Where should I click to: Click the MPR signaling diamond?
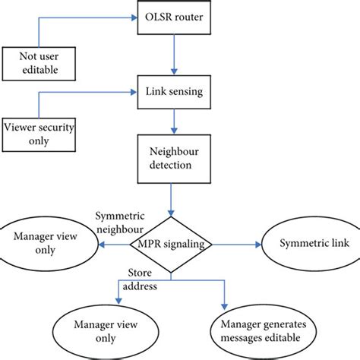coord(172,245)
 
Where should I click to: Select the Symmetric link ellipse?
coord(305,245)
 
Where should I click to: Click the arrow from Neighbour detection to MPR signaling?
coord(172,204)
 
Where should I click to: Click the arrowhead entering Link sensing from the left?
coord(130,93)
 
